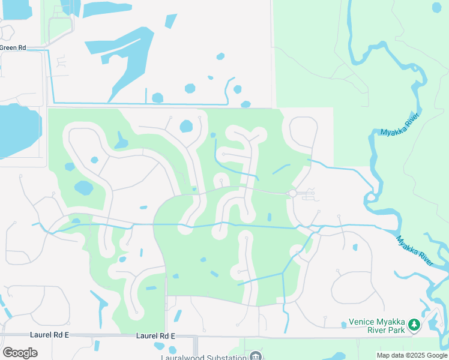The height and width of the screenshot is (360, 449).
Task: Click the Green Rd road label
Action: point(13,47)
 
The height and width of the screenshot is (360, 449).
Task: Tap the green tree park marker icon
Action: point(414,325)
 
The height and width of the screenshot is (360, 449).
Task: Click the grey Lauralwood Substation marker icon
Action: point(256,357)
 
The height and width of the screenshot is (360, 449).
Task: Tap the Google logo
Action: point(20,353)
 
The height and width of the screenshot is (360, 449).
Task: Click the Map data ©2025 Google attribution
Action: point(412,355)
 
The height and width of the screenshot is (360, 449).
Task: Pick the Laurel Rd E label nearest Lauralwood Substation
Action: point(155,336)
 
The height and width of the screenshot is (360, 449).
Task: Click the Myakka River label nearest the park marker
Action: point(415,251)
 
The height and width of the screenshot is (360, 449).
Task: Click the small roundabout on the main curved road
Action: point(292,193)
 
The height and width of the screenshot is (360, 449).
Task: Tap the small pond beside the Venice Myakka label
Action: point(343,325)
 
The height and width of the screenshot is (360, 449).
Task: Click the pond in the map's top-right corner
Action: point(437,7)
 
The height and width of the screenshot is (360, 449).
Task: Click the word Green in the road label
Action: point(8,47)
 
